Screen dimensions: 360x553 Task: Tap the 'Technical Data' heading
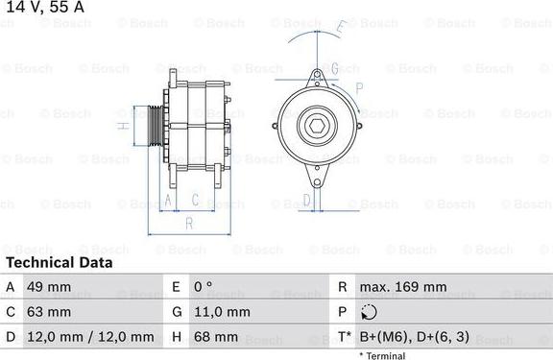coord(57,262)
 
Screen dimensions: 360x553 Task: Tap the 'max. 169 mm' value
coord(402,287)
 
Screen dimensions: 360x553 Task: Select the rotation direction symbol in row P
coord(371,312)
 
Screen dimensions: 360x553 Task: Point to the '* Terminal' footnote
coord(382,355)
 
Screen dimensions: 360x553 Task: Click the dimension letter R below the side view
coord(189,223)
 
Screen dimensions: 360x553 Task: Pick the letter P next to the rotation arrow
coord(358,88)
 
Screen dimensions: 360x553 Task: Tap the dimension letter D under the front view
coord(306,200)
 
